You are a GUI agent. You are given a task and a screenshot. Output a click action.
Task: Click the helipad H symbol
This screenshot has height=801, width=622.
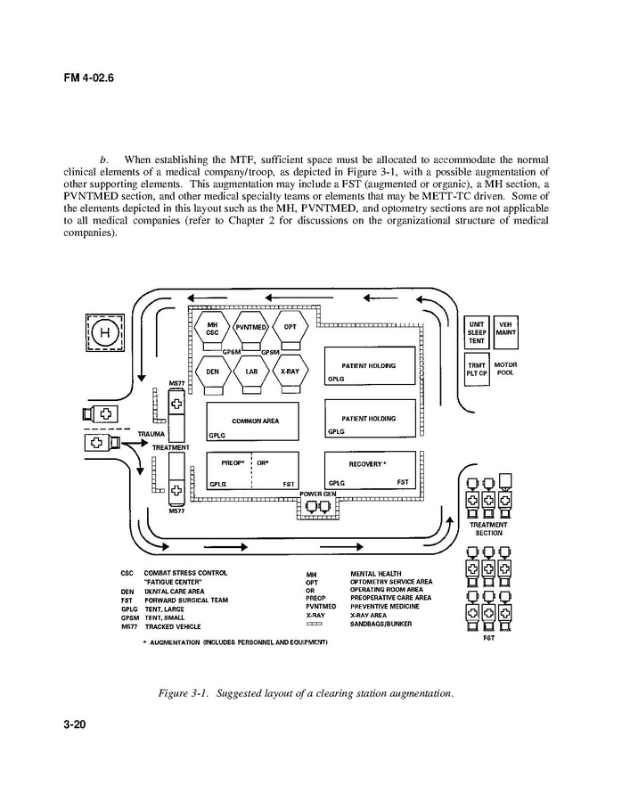click(x=104, y=333)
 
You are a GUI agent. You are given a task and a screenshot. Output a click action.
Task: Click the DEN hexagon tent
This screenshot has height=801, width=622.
click(x=213, y=372)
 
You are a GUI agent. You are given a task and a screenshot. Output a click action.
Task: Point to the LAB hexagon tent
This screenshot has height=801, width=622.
click(x=252, y=372)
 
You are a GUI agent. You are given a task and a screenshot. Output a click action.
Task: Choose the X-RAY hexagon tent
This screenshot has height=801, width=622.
click(x=291, y=372)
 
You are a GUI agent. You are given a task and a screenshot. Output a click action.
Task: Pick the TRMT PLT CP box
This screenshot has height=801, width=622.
click(x=477, y=369)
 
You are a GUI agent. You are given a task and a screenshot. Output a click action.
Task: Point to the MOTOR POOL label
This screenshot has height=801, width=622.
click(x=505, y=369)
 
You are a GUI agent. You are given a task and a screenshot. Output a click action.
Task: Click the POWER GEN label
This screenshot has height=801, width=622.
click(x=317, y=493)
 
